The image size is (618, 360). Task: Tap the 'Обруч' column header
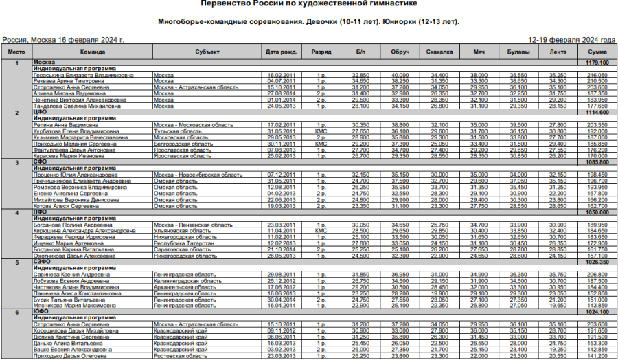(400, 52)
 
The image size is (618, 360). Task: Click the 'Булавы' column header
(519, 52)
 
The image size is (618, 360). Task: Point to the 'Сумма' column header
(597, 52)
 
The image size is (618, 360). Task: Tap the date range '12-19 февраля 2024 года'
(572, 40)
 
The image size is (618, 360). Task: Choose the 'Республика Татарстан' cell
(179, 243)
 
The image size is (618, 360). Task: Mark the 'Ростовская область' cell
(180, 356)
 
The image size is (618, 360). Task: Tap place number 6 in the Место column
(16, 312)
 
